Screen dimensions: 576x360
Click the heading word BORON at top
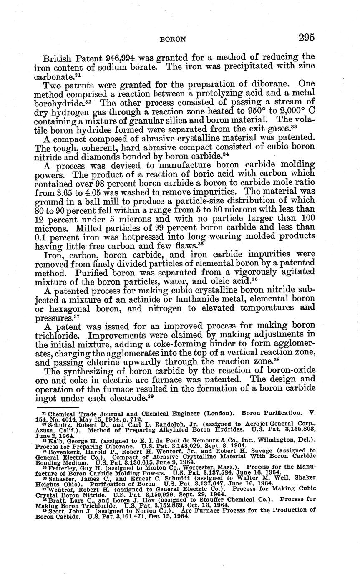[172, 39]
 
